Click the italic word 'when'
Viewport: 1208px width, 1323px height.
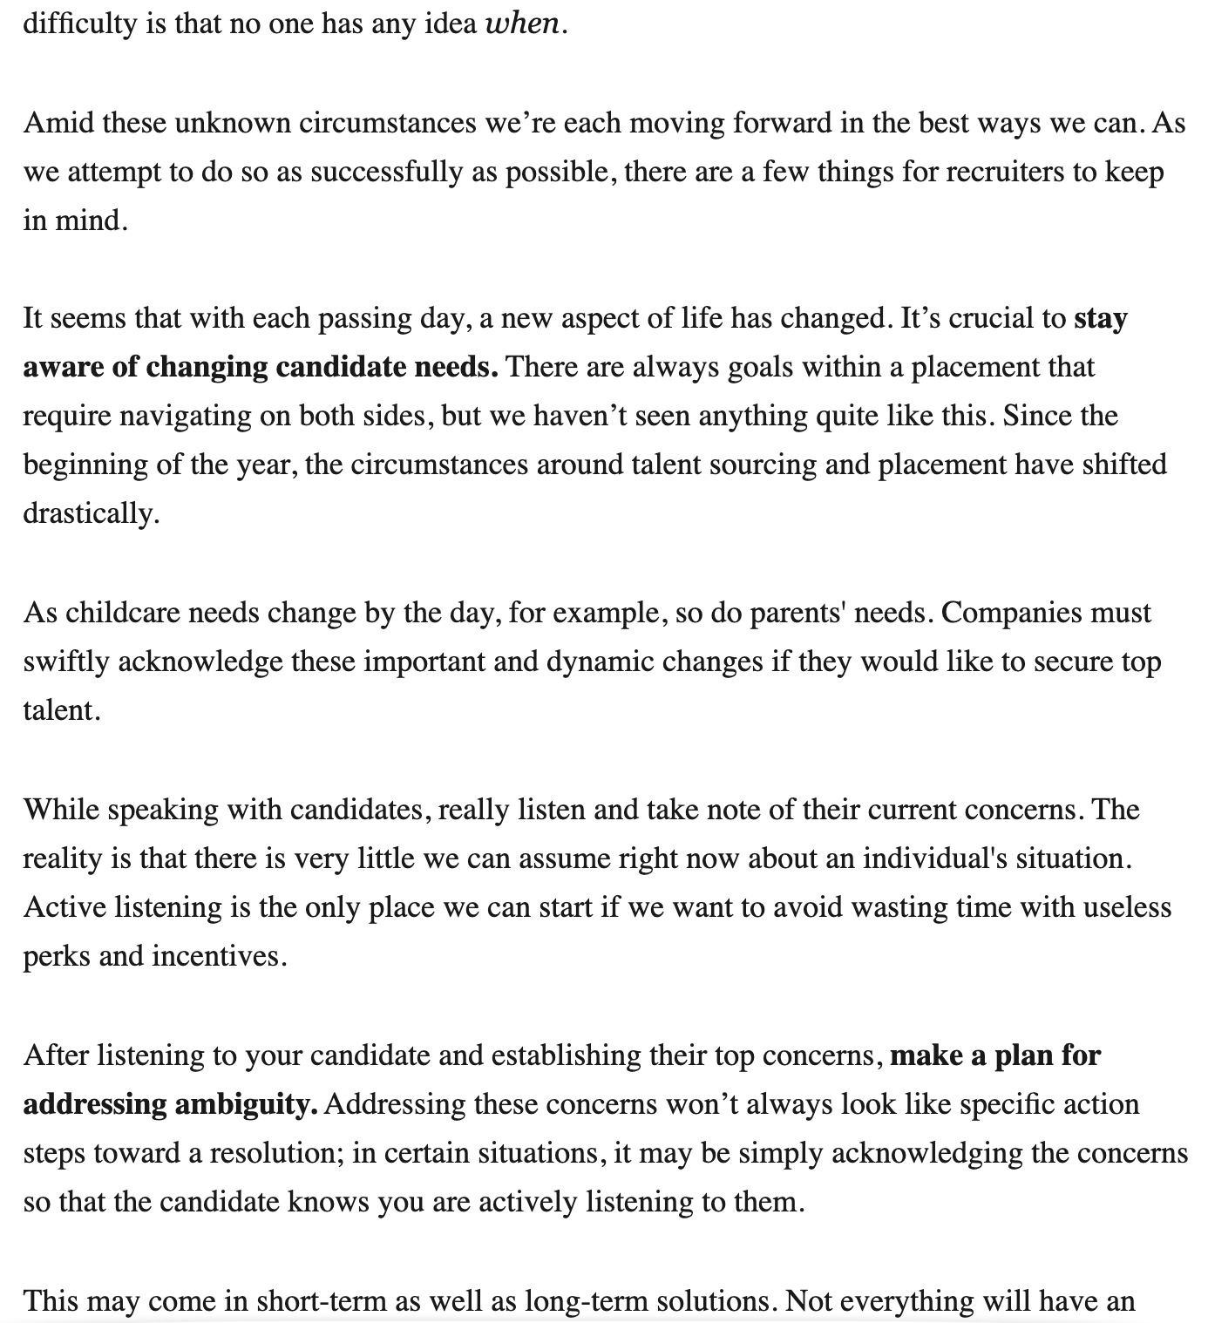(x=522, y=24)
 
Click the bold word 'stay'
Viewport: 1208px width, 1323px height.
(x=1101, y=318)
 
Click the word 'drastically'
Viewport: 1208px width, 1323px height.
(x=90, y=513)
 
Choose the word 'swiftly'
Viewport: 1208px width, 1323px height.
(x=65, y=661)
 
